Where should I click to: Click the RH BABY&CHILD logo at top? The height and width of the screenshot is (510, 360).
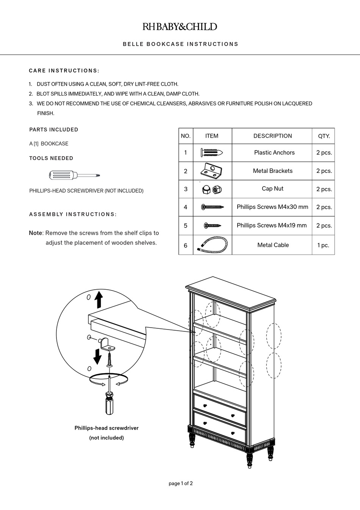coord(180,27)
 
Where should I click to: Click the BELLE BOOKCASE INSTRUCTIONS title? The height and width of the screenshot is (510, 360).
coord(180,44)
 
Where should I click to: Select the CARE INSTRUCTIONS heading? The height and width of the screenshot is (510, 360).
coord(64,71)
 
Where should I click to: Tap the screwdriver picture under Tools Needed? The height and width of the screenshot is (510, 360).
coord(74,175)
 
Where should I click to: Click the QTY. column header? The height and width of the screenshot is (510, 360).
coord(324,136)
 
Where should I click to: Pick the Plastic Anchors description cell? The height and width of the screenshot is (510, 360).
coord(274,152)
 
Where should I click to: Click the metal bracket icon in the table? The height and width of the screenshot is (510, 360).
coord(211,171)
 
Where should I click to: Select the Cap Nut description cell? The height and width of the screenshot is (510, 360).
coord(272,188)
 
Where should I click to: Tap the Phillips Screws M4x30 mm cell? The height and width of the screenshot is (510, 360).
coord(272,207)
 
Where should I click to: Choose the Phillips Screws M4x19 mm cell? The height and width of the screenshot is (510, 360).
coord(271,225)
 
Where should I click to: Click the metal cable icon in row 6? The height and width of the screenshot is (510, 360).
coord(212,245)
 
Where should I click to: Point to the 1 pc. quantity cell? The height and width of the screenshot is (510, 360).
coord(324,245)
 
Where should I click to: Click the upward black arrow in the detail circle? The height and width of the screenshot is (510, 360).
coord(99,300)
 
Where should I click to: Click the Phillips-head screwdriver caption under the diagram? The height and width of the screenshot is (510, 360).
coord(106,428)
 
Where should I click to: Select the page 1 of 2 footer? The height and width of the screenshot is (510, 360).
coord(180,483)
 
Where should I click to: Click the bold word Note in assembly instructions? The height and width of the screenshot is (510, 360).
coord(36,233)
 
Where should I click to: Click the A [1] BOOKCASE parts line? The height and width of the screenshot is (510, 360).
coord(49,144)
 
